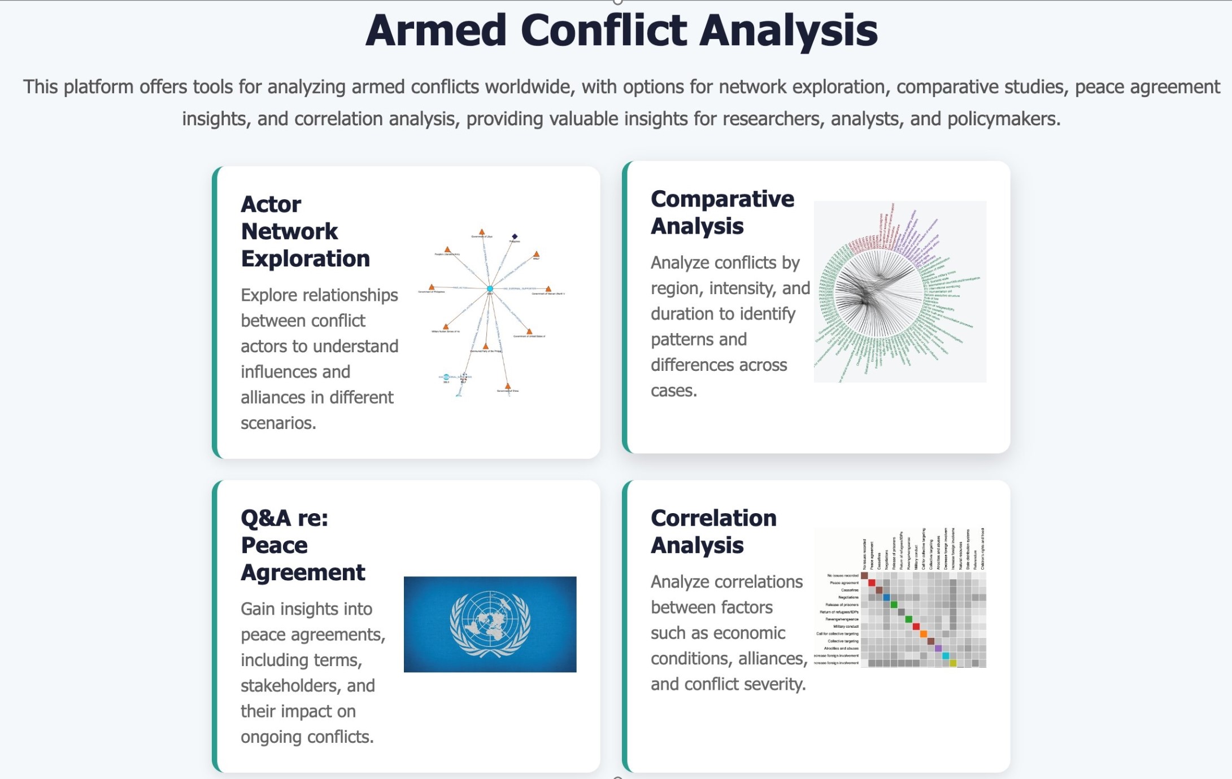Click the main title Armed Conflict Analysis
(x=621, y=30)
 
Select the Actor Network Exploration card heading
(x=305, y=231)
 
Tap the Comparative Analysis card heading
(x=722, y=212)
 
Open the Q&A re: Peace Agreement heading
(x=302, y=545)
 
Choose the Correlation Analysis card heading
(x=713, y=532)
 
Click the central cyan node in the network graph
(x=490, y=289)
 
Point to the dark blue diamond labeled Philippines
(x=515, y=237)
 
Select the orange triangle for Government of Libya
(x=482, y=232)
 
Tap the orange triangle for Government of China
(x=508, y=386)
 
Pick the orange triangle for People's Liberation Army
(x=447, y=250)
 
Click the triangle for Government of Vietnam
(x=548, y=289)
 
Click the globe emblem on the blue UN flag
(x=490, y=623)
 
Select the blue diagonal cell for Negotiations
(x=886, y=597)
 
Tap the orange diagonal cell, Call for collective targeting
(x=923, y=634)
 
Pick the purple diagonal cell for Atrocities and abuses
(x=938, y=649)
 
